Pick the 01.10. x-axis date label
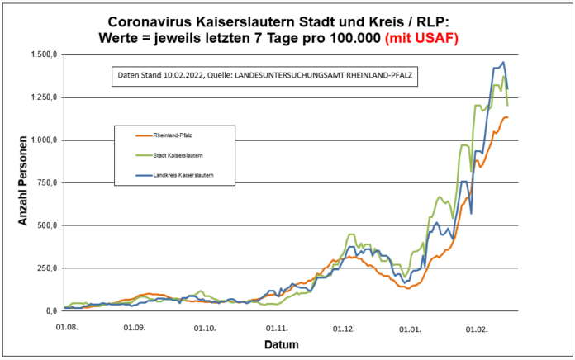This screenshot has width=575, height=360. coord(206,327)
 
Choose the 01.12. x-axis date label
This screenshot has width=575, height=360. coord(345,327)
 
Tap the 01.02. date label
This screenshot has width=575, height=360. coord(478,327)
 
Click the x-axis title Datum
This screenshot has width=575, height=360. coord(282,344)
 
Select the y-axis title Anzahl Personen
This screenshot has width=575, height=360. coord(24,183)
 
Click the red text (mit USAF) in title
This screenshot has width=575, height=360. coord(419,38)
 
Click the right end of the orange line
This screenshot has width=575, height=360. coord(507,117)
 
